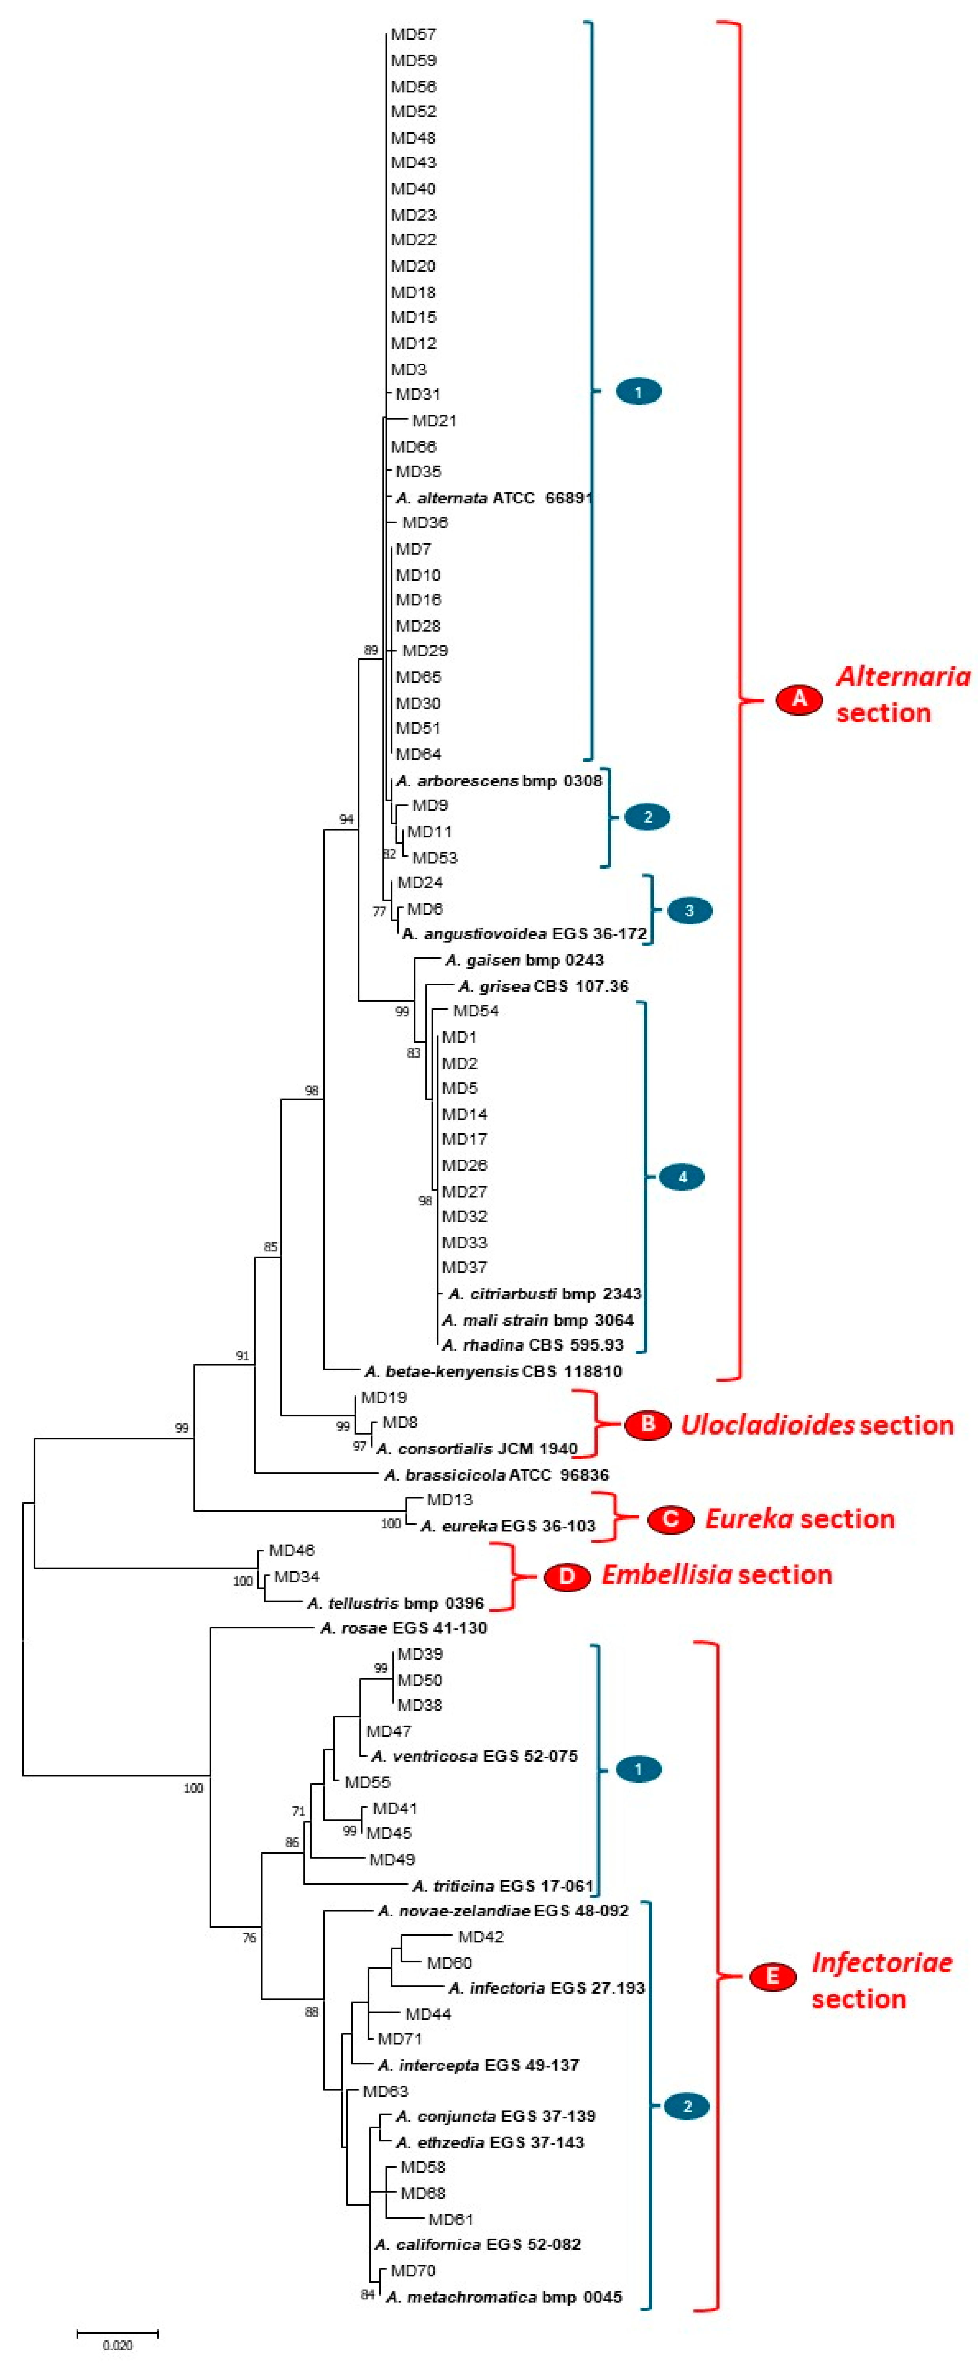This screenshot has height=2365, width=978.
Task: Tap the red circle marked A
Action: tap(799, 698)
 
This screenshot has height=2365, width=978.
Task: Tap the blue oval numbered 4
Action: tap(681, 1177)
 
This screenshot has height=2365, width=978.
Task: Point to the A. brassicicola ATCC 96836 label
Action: tap(496, 1474)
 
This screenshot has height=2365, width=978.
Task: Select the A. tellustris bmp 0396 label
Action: tap(395, 1603)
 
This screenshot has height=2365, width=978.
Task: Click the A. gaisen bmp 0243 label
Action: tap(524, 961)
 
